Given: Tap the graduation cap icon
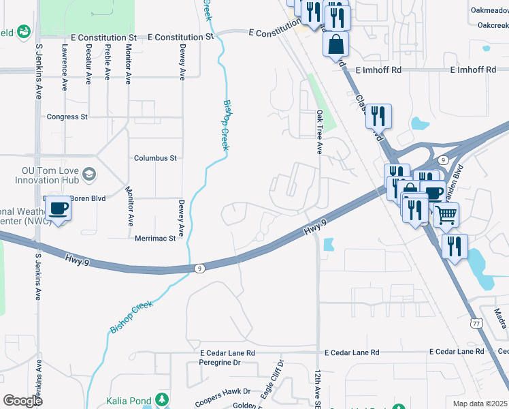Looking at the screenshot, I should point(88,176).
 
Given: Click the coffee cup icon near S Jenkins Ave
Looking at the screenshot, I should point(59,209).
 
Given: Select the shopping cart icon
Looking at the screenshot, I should point(446,215).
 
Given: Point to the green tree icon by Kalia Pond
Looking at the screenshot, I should point(162,399).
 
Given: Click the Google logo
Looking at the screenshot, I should point(22,400).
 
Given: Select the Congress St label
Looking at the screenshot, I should point(67,117).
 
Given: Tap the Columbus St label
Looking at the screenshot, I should point(155,157).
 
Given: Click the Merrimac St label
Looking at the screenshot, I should point(155,239).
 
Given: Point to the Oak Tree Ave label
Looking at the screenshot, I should point(319,132).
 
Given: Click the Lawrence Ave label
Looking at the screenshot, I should point(65,64).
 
